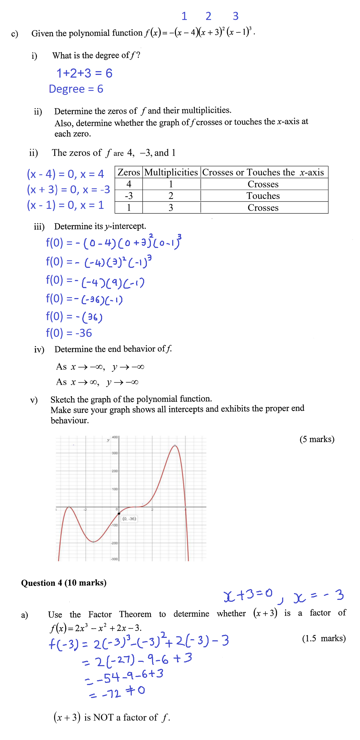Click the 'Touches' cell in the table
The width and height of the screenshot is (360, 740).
263,196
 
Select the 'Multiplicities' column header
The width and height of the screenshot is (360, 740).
171,172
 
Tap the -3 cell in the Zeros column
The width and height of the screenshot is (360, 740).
129,196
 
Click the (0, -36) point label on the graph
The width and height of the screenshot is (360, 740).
129,518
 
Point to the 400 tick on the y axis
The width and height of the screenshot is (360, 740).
115,437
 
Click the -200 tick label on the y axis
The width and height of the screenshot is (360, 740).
114,543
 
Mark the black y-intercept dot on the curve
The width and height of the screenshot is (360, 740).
119,513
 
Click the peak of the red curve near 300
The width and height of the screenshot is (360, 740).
175,445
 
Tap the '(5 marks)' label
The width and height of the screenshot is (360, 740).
317,439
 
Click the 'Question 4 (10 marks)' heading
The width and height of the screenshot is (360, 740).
64,583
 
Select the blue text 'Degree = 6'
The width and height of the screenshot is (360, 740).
76,89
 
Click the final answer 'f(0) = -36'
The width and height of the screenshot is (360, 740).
69,333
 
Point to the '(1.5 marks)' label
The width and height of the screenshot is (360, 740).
324,638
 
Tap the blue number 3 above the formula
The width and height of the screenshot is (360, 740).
235,16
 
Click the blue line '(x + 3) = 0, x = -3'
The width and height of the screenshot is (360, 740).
68,189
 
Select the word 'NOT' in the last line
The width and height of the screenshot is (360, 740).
103,717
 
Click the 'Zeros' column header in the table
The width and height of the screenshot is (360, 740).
129,172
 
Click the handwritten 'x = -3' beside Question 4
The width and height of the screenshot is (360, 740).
318,595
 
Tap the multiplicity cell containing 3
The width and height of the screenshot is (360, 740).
171,208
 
